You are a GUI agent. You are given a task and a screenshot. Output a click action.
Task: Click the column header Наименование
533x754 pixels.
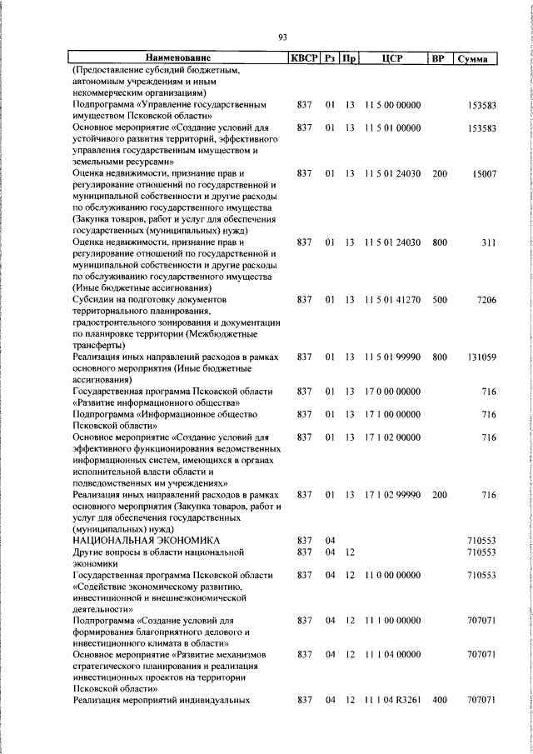click(x=178, y=58)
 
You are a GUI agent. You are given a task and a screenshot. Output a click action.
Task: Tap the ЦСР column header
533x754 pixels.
click(x=392, y=58)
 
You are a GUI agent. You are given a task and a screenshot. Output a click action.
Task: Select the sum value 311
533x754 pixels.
click(x=488, y=242)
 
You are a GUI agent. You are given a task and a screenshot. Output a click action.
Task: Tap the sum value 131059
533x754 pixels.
click(x=481, y=357)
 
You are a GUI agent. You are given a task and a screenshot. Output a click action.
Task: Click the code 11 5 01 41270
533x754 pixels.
click(x=392, y=299)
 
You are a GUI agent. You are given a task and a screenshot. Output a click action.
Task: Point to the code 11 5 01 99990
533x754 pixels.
click(x=392, y=357)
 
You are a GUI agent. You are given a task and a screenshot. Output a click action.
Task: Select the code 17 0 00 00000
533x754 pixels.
click(x=392, y=391)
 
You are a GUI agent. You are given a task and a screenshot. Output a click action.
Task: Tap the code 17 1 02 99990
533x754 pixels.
click(x=392, y=495)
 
